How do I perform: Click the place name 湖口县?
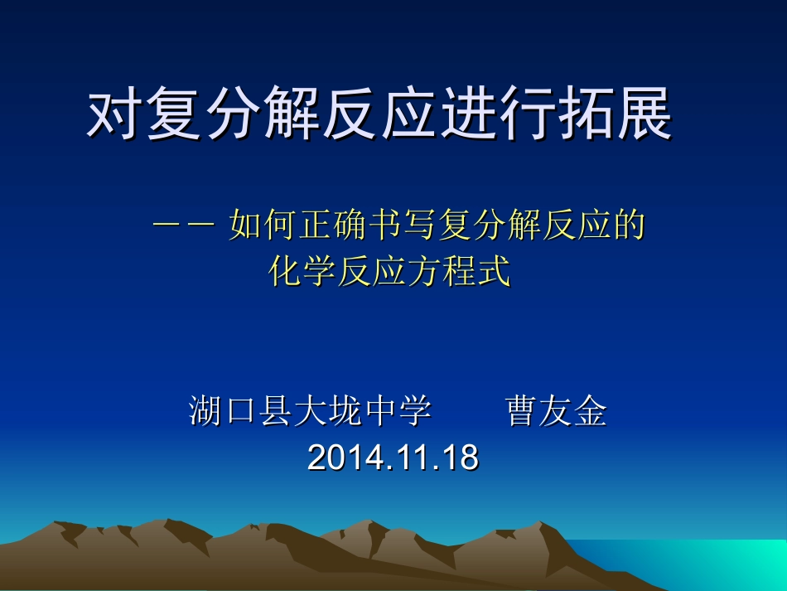(x=241, y=412)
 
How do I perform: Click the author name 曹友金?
(x=556, y=412)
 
